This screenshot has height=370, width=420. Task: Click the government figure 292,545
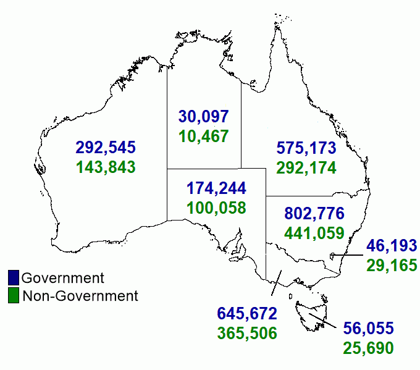point(106,148)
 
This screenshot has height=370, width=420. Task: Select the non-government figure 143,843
point(106,167)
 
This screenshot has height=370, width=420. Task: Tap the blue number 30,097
point(204,116)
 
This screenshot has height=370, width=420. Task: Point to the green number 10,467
point(204,136)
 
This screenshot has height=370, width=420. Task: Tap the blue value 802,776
point(314,214)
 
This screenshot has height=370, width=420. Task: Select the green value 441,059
point(314,233)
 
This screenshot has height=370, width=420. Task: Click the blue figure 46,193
point(392,245)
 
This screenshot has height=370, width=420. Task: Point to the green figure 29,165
point(392,266)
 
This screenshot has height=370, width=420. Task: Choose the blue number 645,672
point(247,313)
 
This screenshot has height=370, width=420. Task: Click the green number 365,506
point(247,333)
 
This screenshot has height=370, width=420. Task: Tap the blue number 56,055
point(368,328)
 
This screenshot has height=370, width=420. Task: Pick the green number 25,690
point(368,348)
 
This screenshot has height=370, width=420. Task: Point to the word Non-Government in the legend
point(80,296)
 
